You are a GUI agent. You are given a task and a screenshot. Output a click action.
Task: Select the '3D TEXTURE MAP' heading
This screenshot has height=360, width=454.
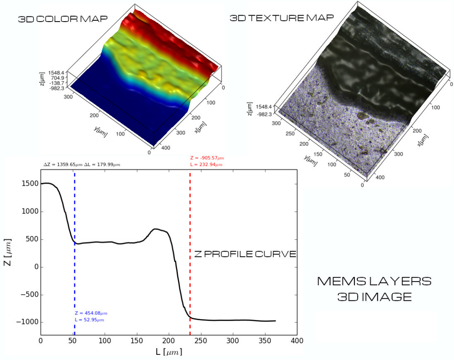click(x=281, y=18)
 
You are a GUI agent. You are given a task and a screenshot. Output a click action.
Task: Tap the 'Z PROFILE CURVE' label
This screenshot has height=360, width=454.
click(x=245, y=254)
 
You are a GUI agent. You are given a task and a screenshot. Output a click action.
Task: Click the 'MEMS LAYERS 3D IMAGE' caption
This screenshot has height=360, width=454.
click(x=374, y=288)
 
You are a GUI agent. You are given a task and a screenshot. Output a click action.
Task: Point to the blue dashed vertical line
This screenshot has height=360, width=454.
click(x=75, y=280)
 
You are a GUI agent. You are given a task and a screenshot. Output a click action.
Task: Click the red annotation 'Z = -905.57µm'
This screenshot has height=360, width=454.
click(x=207, y=158)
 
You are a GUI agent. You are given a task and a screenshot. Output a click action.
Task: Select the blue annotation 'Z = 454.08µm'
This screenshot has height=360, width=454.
click(x=91, y=313)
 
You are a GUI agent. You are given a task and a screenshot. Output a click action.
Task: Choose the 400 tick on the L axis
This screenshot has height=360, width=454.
click(x=296, y=341)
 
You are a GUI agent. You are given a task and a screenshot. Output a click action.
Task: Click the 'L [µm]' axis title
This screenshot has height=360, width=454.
click(x=169, y=352)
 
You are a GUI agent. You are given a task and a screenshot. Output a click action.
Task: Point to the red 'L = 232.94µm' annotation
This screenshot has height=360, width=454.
click(x=206, y=164)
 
